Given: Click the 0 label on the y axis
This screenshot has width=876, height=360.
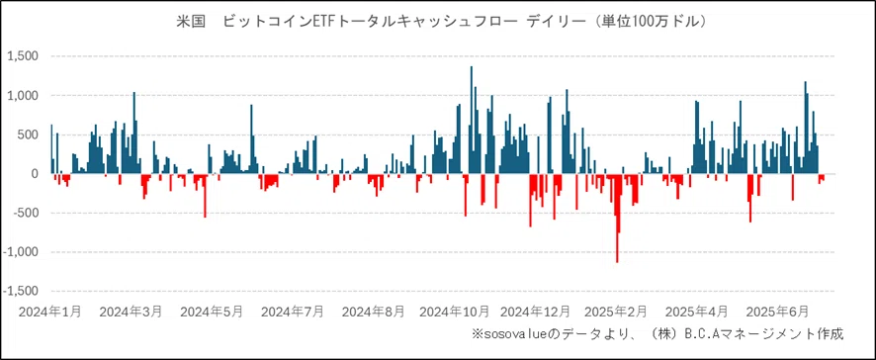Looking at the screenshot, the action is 34,174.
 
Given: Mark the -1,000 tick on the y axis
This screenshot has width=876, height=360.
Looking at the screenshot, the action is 19,252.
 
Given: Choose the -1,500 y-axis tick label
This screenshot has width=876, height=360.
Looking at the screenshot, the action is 19,291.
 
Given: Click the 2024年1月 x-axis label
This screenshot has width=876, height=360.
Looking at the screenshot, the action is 50,312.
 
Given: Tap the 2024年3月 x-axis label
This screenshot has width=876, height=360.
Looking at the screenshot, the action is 131,312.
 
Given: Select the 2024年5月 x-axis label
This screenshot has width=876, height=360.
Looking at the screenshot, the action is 212,312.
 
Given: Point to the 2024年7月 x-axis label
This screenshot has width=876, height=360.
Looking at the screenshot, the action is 293,312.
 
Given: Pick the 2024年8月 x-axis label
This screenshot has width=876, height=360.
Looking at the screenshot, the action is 373,312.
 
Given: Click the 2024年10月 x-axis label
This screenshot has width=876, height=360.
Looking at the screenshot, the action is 455,312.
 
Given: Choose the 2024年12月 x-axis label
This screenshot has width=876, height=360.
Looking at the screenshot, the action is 535,312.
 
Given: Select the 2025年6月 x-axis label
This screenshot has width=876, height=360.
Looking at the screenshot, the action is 777,312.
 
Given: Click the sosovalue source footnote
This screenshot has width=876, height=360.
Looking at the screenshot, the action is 657,334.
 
